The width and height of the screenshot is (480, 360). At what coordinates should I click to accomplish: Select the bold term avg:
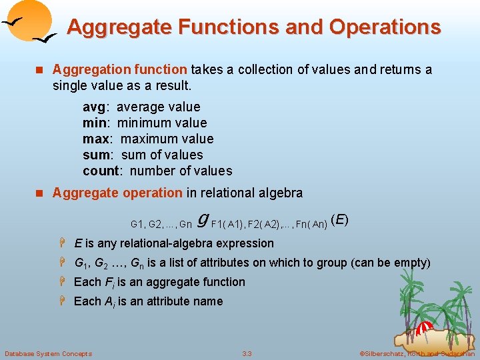97,107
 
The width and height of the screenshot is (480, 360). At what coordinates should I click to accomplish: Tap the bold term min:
97,123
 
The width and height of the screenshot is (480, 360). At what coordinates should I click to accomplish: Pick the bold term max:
99,139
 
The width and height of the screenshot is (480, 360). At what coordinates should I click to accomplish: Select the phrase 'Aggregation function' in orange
120,69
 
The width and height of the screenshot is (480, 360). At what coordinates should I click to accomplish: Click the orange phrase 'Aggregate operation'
117,193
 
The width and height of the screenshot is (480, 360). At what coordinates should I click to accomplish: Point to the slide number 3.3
247,353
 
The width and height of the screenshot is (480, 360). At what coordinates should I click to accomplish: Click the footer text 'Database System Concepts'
48,353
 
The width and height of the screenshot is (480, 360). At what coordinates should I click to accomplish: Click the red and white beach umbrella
424,328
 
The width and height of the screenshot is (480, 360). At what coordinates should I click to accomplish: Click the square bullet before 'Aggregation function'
39,69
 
